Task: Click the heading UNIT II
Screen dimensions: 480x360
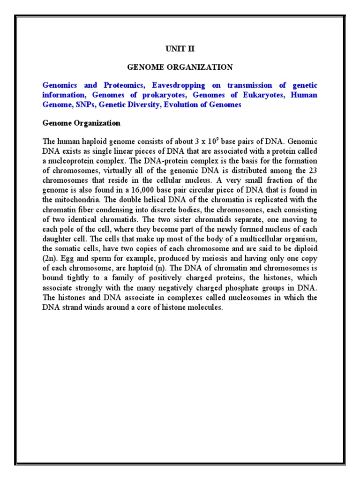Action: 180,48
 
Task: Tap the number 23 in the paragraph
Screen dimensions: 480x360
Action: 313,170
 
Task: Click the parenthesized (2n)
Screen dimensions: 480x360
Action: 48,258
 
